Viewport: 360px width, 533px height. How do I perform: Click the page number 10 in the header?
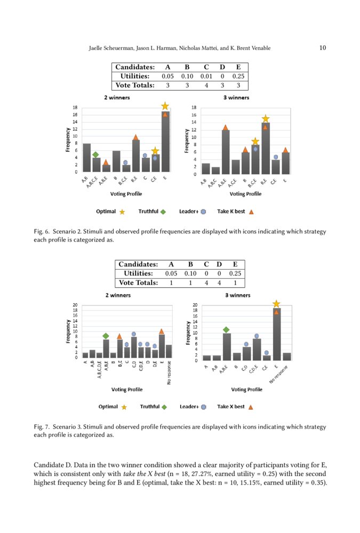point(323,48)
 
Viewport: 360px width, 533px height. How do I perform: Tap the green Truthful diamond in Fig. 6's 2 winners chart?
point(95,155)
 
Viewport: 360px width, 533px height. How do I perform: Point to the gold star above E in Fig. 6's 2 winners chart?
point(165,106)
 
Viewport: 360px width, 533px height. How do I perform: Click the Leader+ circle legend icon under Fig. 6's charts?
point(203,212)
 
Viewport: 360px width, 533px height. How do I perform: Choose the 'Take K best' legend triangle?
point(252,212)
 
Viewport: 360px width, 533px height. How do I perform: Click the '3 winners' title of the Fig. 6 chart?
point(236,98)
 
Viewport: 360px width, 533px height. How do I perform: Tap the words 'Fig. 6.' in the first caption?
point(41,232)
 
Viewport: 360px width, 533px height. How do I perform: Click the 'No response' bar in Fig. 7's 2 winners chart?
point(169,351)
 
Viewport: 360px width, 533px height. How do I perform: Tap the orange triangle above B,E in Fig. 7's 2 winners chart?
point(119,336)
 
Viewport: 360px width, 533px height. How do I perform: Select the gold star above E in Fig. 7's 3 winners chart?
point(276,304)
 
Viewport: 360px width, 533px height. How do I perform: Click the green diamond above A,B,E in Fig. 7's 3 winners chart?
point(226,330)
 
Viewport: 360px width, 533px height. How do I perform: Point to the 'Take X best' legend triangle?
point(252,407)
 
